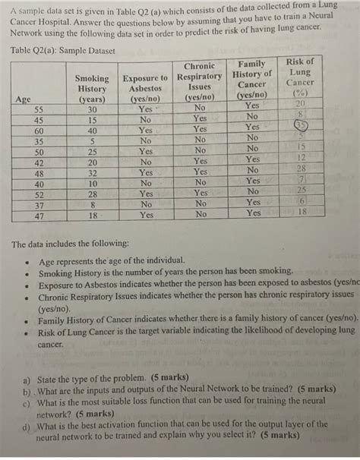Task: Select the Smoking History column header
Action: tap(92, 88)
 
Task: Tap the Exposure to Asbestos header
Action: tap(145, 88)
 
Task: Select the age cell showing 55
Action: tap(39, 109)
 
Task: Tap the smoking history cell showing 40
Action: tap(91, 130)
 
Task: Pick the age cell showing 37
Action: tap(39, 204)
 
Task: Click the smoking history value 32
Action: tap(91, 172)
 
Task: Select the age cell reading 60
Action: tap(39, 130)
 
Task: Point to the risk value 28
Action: tap(302, 167)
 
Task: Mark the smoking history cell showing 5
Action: tap(91, 140)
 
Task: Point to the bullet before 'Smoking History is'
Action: tap(26, 273)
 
